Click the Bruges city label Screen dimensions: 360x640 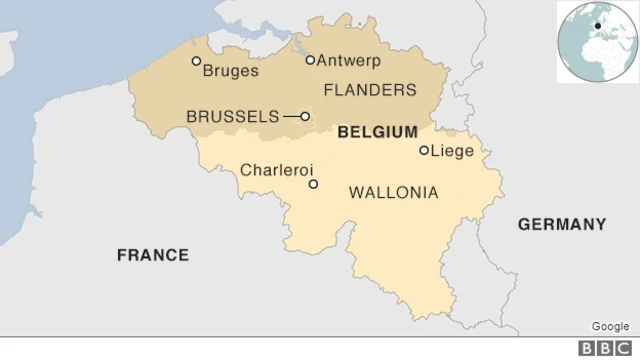(x=230, y=71)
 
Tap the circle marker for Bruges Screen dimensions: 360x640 (x=196, y=61)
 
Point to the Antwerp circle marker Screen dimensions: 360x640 (x=310, y=60)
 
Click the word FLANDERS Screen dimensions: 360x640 (x=370, y=90)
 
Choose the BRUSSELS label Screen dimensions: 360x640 (x=233, y=117)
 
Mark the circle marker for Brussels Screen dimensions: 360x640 (x=305, y=116)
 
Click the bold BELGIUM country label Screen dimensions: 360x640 (x=378, y=132)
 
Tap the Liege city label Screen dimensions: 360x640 (x=453, y=151)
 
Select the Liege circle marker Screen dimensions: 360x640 (x=424, y=151)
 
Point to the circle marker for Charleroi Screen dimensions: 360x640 (x=313, y=184)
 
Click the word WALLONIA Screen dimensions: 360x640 (x=393, y=191)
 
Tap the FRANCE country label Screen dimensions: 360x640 (x=153, y=255)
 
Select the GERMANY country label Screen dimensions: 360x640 (x=562, y=224)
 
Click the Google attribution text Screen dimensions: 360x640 (x=610, y=326)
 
